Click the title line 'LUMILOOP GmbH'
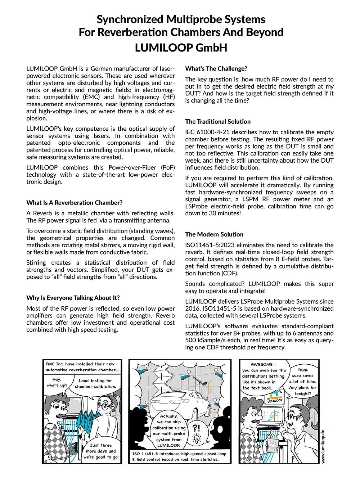(x=181, y=48)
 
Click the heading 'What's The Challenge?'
(x=216, y=69)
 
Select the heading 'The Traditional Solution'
(x=218, y=122)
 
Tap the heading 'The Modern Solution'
(x=214, y=234)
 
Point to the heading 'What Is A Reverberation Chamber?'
(x=74, y=203)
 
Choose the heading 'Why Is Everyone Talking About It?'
(x=73, y=298)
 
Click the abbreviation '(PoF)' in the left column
(x=168, y=168)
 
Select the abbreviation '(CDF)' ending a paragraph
(x=229, y=273)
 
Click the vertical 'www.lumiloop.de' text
(x=323, y=446)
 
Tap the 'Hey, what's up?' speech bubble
(x=57, y=382)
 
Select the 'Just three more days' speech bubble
(x=101, y=451)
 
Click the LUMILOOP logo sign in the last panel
(x=275, y=398)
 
